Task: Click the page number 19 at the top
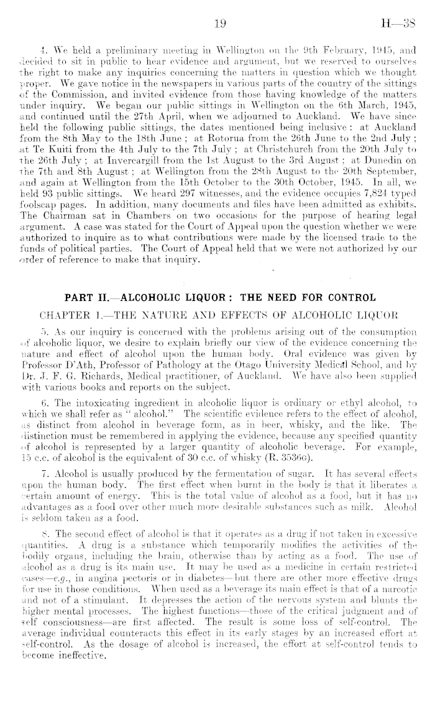(219, 24)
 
